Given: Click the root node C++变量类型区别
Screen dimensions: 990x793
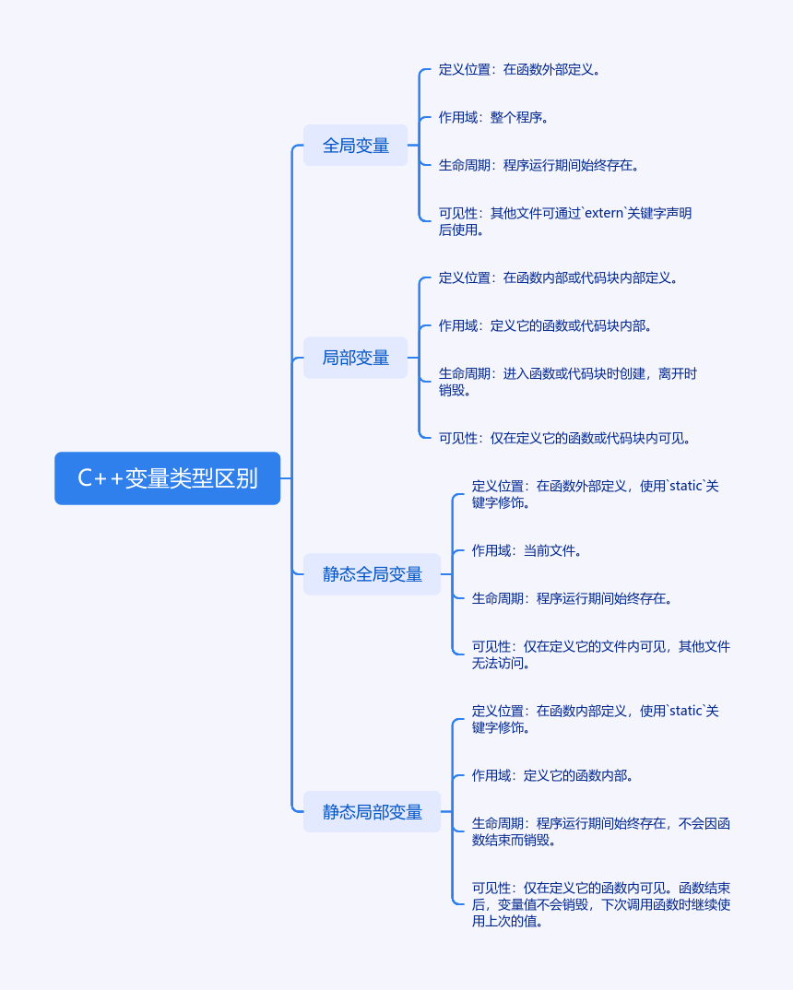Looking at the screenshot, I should click(x=167, y=478).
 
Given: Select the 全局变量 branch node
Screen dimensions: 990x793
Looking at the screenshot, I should click(x=355, y=146).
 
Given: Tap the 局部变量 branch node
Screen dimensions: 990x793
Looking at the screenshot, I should click(x=355, y=358).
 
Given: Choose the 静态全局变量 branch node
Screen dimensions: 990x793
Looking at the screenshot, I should click(x=372, y=574).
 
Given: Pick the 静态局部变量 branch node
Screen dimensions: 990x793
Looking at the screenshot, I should click(x=372, y=812).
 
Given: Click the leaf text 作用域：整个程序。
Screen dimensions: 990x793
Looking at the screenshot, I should click(x=494, y=117).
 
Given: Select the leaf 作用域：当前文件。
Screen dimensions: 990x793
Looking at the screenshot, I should click(x=527, y=550).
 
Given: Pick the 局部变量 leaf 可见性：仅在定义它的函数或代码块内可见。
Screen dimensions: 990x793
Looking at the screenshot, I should click(x=565, y=438).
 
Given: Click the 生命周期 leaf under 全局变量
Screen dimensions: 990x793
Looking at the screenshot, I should click(x=539, y=165).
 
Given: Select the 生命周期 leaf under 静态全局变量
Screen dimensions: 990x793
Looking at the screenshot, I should click(x=573, y=598).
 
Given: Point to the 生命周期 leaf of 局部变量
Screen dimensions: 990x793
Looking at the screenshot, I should click(x=567, y=382).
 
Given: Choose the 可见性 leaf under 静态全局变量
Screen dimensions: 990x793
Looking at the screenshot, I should click(x=600, y=654).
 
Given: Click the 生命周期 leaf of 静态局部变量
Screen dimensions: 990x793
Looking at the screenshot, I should click(x=600, y=831).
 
